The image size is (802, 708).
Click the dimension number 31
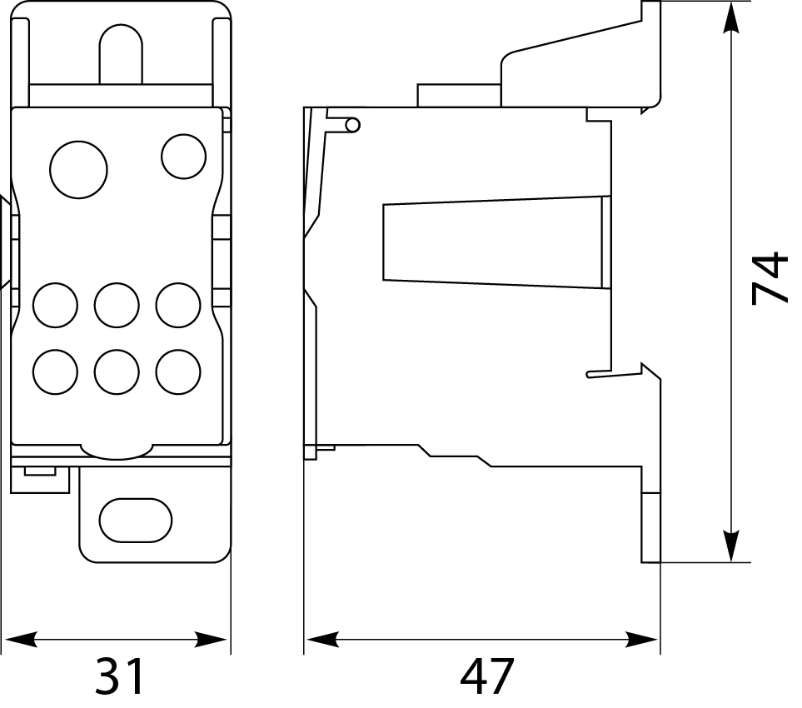[120, 676]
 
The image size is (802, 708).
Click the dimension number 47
[486, 676]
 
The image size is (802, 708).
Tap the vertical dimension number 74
[770, 277]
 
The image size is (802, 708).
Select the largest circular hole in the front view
[79, 170]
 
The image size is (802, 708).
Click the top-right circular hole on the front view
[183, 157]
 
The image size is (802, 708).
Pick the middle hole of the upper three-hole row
[117, 306]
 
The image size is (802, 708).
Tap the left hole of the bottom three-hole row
[55, 371]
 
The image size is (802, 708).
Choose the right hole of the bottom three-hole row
[178, 371]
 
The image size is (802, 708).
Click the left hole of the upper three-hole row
[55, 306]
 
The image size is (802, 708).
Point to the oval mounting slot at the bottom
[136, 521]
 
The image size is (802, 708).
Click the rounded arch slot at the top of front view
[121, 54]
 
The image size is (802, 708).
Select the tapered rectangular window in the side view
[496, 242]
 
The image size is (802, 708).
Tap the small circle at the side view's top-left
[353, 125]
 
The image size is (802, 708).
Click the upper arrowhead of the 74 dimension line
[732, 17]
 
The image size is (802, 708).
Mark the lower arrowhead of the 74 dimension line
[732, 546]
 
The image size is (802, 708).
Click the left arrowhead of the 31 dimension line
[21, 640]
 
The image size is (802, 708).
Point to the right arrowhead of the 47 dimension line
[642, 640]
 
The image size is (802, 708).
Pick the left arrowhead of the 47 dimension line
[322, 640]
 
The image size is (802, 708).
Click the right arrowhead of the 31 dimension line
[211, 640]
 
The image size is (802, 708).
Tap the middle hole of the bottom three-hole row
[117, 371]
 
